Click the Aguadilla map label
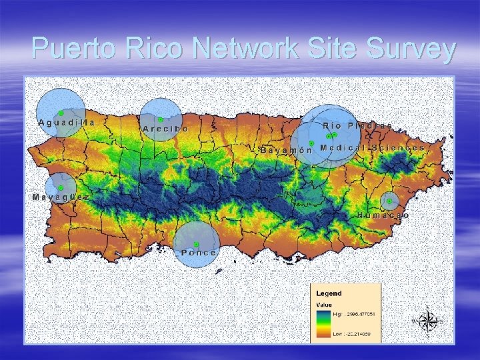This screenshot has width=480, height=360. pyautogui.click(x=67, y=123)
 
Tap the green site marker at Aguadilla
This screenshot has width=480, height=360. pyautogui.click(x=61, y=113)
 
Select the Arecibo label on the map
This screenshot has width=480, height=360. pyautogui.click(x=165, y=128)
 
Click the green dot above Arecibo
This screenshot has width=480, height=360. pyautogui.click(x=161, y=119)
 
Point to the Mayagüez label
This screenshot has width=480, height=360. pyautogui.click(x=61, y=197)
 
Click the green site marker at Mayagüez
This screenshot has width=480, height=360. pyautogui.click(x=61, y=189)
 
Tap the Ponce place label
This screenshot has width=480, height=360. pyautogui.click(x=199, y=253)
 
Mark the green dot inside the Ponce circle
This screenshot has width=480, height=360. pyautogui.click(x=196, y=244)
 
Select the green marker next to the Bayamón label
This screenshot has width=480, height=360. pyautogui.click(x=311, y=143)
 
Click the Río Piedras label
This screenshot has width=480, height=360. pyautogui.click(x=357, y=125)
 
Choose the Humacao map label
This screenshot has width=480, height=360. pyautogui.click(x=383, y=216)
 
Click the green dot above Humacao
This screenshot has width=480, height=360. pyautogui.click(x=389, y=201)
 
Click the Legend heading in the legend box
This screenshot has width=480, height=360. pyautogui.click(x=329, y=293)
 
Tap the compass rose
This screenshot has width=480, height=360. pyautogui.click(x=427, y=321)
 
